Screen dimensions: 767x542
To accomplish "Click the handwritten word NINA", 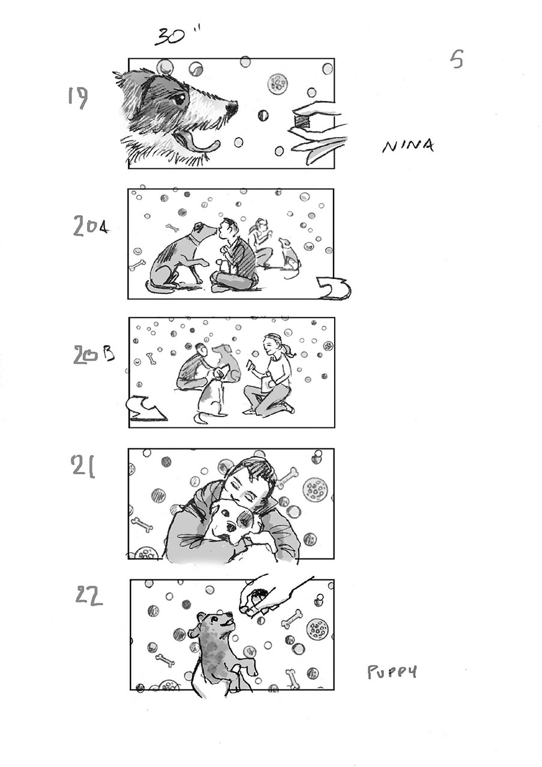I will click(407, 145).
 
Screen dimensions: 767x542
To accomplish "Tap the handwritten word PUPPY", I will click(392, 671).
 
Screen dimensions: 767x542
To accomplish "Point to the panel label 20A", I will click(90, 227).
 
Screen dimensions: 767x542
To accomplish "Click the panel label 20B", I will click(93, 356).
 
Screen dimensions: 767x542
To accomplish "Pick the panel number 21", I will click(83, 466).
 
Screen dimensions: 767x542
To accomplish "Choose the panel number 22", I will click(89, 594).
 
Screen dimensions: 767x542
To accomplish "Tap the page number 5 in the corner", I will click(457, 60).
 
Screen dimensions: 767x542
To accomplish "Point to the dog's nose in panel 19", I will click(231, 109).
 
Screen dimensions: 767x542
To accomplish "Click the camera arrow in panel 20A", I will click(334, 289).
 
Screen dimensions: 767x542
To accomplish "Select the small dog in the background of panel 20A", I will click(289, 255).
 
